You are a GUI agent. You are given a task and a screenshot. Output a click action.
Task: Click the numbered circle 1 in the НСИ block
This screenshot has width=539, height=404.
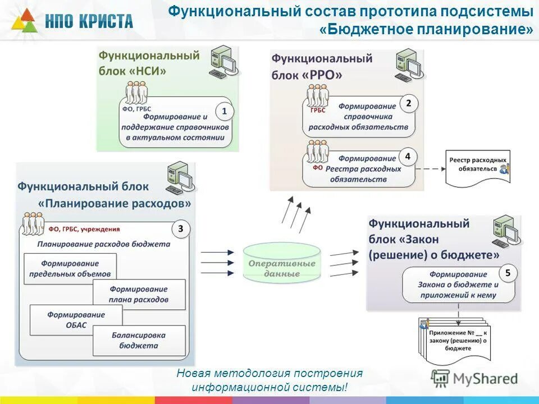coord(224,112)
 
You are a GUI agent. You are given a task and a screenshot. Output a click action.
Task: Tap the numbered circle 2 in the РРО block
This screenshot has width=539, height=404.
coord(408,103)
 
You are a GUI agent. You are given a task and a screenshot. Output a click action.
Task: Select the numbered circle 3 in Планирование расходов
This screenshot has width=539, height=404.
coord(180,229)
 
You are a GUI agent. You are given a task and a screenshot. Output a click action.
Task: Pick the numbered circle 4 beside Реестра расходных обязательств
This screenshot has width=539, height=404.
coord(408,157)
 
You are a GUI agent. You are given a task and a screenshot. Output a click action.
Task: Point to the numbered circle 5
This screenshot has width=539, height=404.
coord(508,273)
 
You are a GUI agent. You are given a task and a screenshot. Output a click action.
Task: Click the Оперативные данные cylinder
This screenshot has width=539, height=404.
coord(282,263)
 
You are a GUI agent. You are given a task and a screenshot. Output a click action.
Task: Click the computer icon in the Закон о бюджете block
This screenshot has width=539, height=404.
coord(504,230)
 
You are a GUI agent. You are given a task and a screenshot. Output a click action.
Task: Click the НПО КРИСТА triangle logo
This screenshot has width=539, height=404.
coord(23,22)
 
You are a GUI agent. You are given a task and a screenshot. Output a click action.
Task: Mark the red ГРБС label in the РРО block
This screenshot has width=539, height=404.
coord(318,111)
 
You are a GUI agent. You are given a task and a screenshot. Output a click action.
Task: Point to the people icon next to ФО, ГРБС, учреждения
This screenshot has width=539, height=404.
coord(33,224)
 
